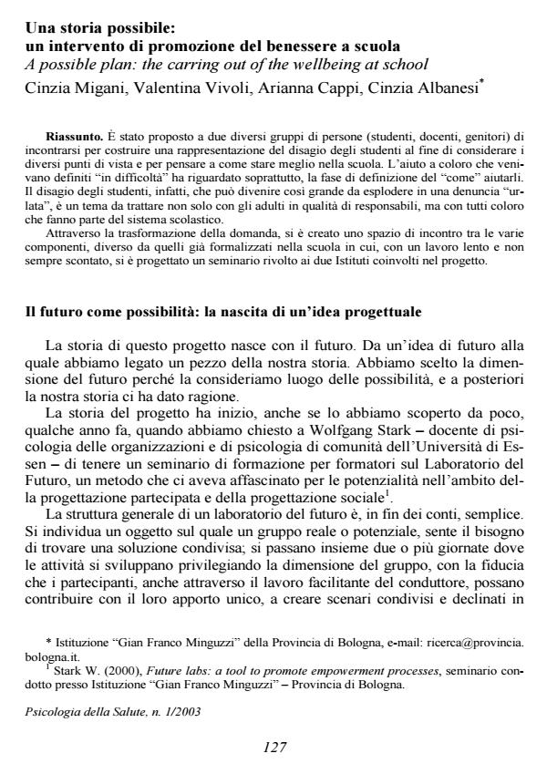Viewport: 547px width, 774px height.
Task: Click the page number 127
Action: [274, 747]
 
